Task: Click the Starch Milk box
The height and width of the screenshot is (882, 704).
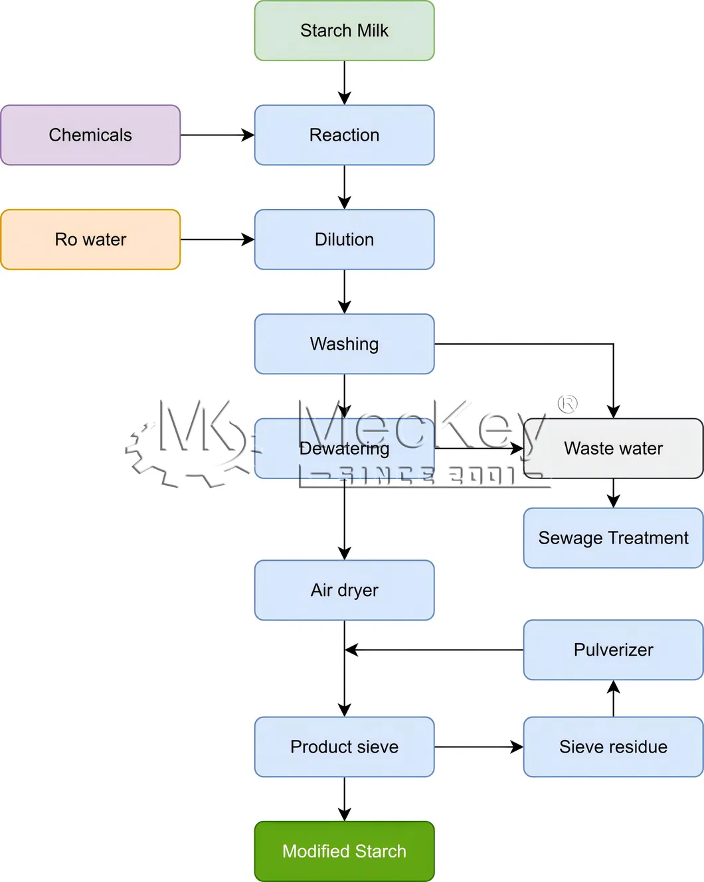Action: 344,31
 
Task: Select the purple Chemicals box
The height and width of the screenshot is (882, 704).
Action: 90,135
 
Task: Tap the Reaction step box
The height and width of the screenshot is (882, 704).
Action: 344,135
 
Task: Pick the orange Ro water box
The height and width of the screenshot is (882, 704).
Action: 90,240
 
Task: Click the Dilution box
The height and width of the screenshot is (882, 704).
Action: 344,240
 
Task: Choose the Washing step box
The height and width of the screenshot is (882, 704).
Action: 344,344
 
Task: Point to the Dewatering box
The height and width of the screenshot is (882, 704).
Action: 344,449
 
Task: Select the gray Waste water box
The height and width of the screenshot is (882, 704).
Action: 613,449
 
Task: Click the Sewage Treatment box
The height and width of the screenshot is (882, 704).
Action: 613,538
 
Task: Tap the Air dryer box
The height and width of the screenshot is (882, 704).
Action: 344,590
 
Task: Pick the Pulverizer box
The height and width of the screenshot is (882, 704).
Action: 613,650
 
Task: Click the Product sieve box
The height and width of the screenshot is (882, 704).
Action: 344,747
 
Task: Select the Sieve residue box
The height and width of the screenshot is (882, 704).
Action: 613,747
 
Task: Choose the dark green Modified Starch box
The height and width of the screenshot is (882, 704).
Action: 344,851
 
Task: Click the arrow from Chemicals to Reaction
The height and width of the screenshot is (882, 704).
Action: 217,135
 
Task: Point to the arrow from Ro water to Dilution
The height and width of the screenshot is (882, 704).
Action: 217,240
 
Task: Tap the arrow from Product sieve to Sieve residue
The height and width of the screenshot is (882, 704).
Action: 479,747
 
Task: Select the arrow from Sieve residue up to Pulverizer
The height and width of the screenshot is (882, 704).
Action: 613,698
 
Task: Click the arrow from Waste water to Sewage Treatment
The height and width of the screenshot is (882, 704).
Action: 613,494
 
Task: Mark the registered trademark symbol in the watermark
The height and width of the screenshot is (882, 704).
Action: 568,404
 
